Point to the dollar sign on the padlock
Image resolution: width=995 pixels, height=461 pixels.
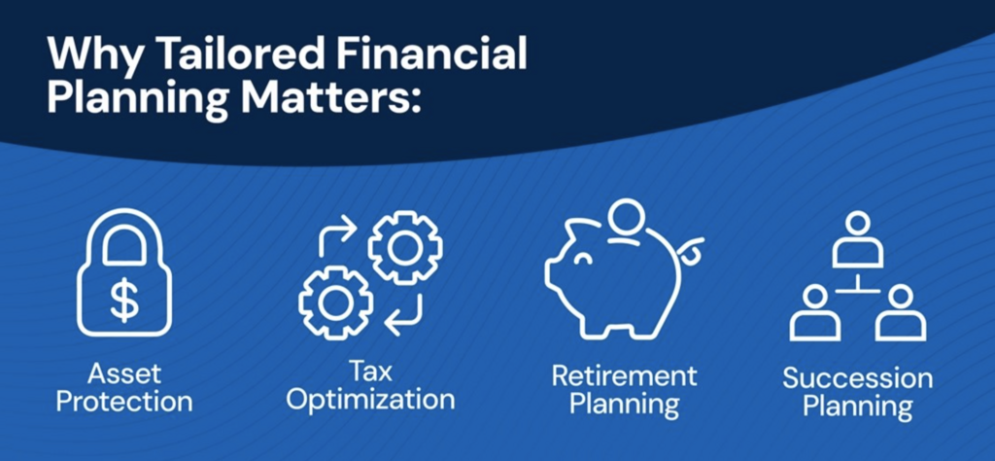coord(123,299)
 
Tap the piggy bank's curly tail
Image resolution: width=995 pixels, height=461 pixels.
coord(691,252)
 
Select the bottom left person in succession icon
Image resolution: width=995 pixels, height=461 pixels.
coord(815,313)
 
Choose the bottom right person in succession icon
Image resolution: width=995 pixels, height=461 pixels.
coord(901,313)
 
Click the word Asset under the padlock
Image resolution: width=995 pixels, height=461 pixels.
coord(123,374)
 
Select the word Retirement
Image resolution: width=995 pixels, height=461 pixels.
coord(625,375)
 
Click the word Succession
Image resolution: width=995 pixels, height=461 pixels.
coord(857,378)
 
